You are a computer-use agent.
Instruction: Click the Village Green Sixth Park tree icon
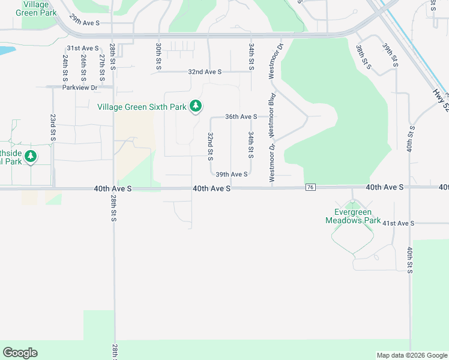[195, 106]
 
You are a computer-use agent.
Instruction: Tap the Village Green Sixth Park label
[142, 107]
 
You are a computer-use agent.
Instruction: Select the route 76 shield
[310, 188]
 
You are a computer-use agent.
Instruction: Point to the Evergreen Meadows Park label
[353, 216]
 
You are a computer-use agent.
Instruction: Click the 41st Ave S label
[399, 223]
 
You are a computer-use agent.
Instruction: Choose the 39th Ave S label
[232, 175]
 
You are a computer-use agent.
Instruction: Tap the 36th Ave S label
[241, 117]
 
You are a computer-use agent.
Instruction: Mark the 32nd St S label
[211, 146]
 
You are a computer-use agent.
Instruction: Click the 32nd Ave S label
[205, 71]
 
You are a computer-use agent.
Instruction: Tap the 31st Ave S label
[82, 48]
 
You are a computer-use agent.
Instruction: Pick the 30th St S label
[158, 56]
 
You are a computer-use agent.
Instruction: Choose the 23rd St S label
[53, 127]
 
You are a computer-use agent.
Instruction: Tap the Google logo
[20, 353]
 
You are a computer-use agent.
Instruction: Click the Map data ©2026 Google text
[411, 355]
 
